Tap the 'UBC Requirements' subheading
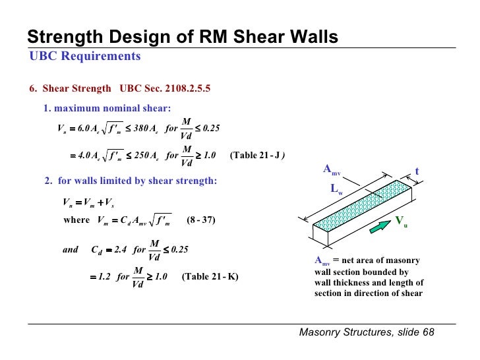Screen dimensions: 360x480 [x=85, y=56]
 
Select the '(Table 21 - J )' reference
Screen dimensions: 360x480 [x=257, y=156]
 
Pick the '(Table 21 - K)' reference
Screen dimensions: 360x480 [x=210, y=276]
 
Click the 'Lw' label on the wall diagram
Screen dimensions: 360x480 [x=336, y=189]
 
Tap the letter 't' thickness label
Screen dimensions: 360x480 [x=417, y=171]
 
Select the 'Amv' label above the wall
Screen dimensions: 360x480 [x=331, y=169]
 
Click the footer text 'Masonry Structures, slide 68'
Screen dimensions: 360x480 [x=367, y=332]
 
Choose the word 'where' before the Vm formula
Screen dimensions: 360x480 [x=76, y=220]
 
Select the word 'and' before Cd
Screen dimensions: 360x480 [x=70, y=250]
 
